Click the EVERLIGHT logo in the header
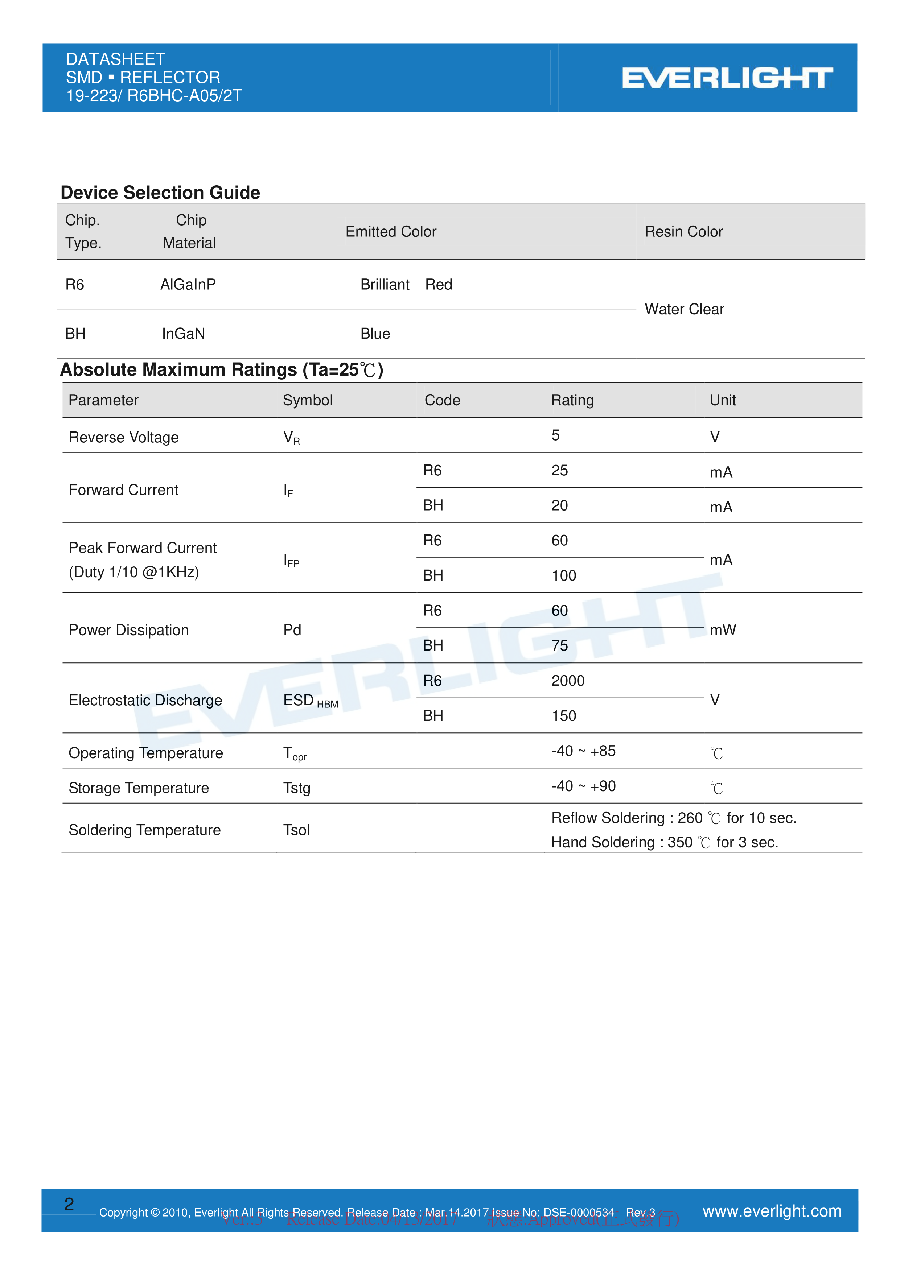coord(727,78)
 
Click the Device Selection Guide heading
coord(160,192)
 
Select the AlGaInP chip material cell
coord(188,284)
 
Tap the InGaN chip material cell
coord(184,334)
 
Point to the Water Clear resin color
coord(684,309)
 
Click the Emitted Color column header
coord(391,232)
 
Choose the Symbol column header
coord(308,400)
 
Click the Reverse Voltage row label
coord(124,437)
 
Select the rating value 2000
coord(567,680)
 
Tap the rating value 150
coord(564,716)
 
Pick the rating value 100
coord(564,575)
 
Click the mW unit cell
coord(723,630)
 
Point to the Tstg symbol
coord(296,788)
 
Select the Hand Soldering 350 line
coord(665,842)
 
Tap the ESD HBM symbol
coord(311,701)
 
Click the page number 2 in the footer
coord(69,1204)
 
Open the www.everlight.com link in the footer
coord(772,1211)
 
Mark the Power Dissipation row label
coord(128,630)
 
